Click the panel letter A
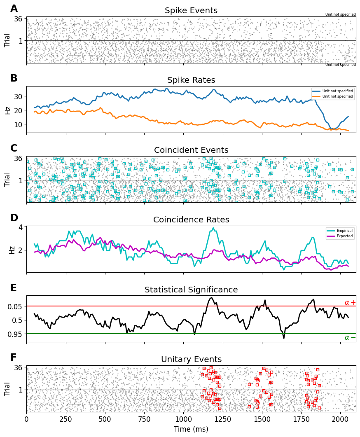[x=14, y=9]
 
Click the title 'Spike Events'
[x=191, y=11]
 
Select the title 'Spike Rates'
[x=191, y=80]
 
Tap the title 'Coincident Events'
[x=191, y=150]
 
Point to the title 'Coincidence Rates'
[x=191, y=220]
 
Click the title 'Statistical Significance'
[x=191, y=290]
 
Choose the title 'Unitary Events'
[x=191, y=360]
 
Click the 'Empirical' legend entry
[x=342, y=231]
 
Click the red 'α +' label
[x=350, y=303]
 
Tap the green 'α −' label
[x=350, y=338]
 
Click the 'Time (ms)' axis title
[x=191, y=429]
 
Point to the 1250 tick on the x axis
[x=223, y=418]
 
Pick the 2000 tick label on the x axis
[x=340, y=418]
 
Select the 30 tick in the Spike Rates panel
[x=19, y=96]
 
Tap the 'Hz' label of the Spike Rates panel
[x=7, y=110]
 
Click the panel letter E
[x=14, y=288]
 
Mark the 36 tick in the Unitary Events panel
[x=18, y=367]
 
